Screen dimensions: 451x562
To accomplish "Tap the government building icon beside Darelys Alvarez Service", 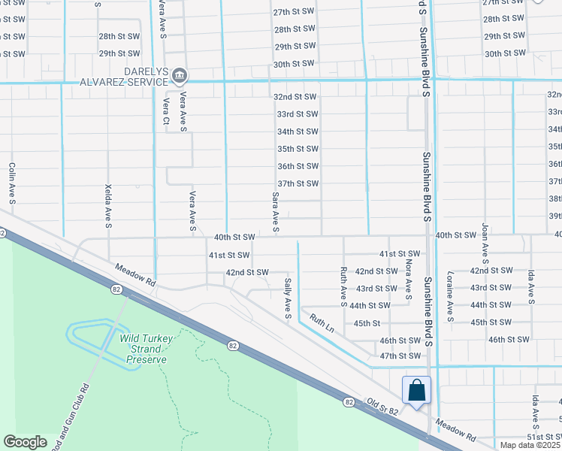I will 180,75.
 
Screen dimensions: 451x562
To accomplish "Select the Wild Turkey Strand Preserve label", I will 146,349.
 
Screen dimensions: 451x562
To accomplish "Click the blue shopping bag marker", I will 417,391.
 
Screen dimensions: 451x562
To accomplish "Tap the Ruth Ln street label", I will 321,324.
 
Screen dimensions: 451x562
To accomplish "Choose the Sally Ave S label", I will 288,298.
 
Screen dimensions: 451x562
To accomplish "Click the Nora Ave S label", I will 409,275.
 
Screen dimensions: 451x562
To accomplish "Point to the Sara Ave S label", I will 276,210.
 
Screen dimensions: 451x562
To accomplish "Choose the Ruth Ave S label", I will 343,287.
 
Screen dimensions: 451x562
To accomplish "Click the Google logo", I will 26,441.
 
